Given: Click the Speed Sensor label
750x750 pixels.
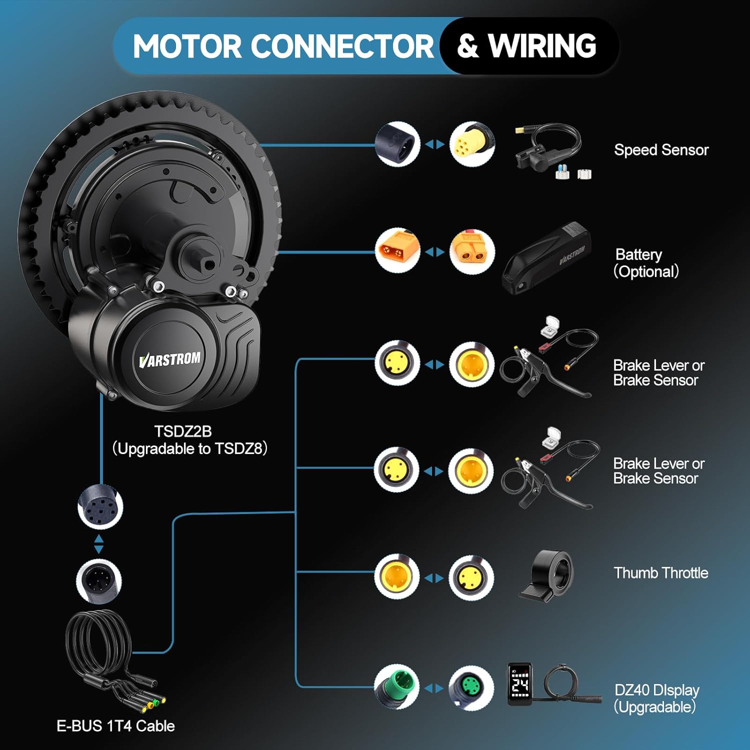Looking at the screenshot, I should pos(661,150).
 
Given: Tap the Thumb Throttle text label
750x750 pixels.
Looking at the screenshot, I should pos(660,573).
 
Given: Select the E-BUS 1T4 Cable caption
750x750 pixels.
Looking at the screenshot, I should pos(115,726).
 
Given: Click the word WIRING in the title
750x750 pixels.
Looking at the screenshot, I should pos(542,46).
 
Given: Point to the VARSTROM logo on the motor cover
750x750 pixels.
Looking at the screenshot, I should pos(170,359).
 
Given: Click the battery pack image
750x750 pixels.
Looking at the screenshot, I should pos(547,257).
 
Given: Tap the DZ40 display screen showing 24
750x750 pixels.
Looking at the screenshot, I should pos(519,684).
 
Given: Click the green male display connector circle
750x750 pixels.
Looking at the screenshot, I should pos(397,686).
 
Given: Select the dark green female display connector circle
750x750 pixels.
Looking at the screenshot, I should pos(470,688).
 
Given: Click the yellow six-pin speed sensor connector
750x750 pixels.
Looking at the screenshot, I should pos(471,144).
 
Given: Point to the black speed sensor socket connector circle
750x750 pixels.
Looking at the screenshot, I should pos(397,144).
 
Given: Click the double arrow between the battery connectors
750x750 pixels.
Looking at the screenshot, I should pos(434,252).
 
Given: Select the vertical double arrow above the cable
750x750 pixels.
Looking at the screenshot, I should pos(99,543).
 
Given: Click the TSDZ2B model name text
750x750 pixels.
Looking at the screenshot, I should pos(183,431).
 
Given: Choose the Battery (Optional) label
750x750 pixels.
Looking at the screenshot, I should pos(646,263).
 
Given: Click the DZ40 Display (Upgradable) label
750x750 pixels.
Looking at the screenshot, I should pos(656,698).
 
